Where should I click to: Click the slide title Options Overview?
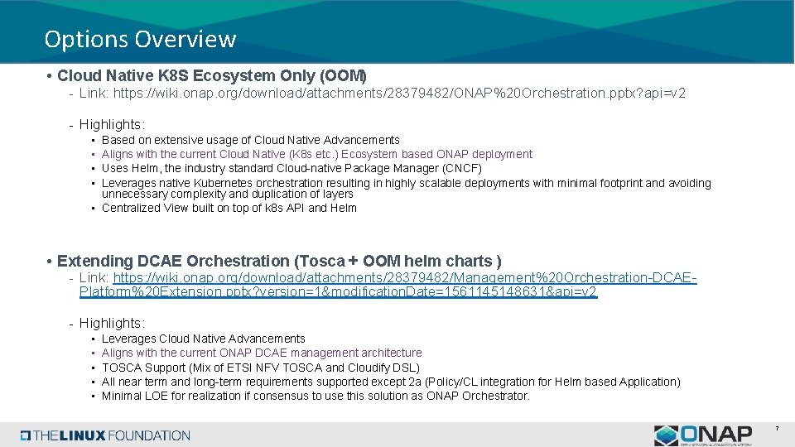point(140,39)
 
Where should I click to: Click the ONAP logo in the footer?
point(703,435)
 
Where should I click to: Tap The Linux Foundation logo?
point(106,435)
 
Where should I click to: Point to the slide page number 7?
point(777,428)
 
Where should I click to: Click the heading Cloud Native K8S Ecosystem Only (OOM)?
point(211,76)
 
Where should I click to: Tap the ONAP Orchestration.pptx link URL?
point(399,94)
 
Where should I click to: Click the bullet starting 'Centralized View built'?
point(229,208)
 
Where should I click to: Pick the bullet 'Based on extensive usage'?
point(250,140)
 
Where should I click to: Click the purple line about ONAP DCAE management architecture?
point(262,353)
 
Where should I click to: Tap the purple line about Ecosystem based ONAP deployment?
point(316,154)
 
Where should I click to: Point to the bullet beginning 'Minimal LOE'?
point(315,396)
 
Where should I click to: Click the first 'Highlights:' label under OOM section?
point(112,124)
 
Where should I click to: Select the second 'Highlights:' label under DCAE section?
point(112,323)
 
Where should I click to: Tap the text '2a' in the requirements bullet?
point(439,382)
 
